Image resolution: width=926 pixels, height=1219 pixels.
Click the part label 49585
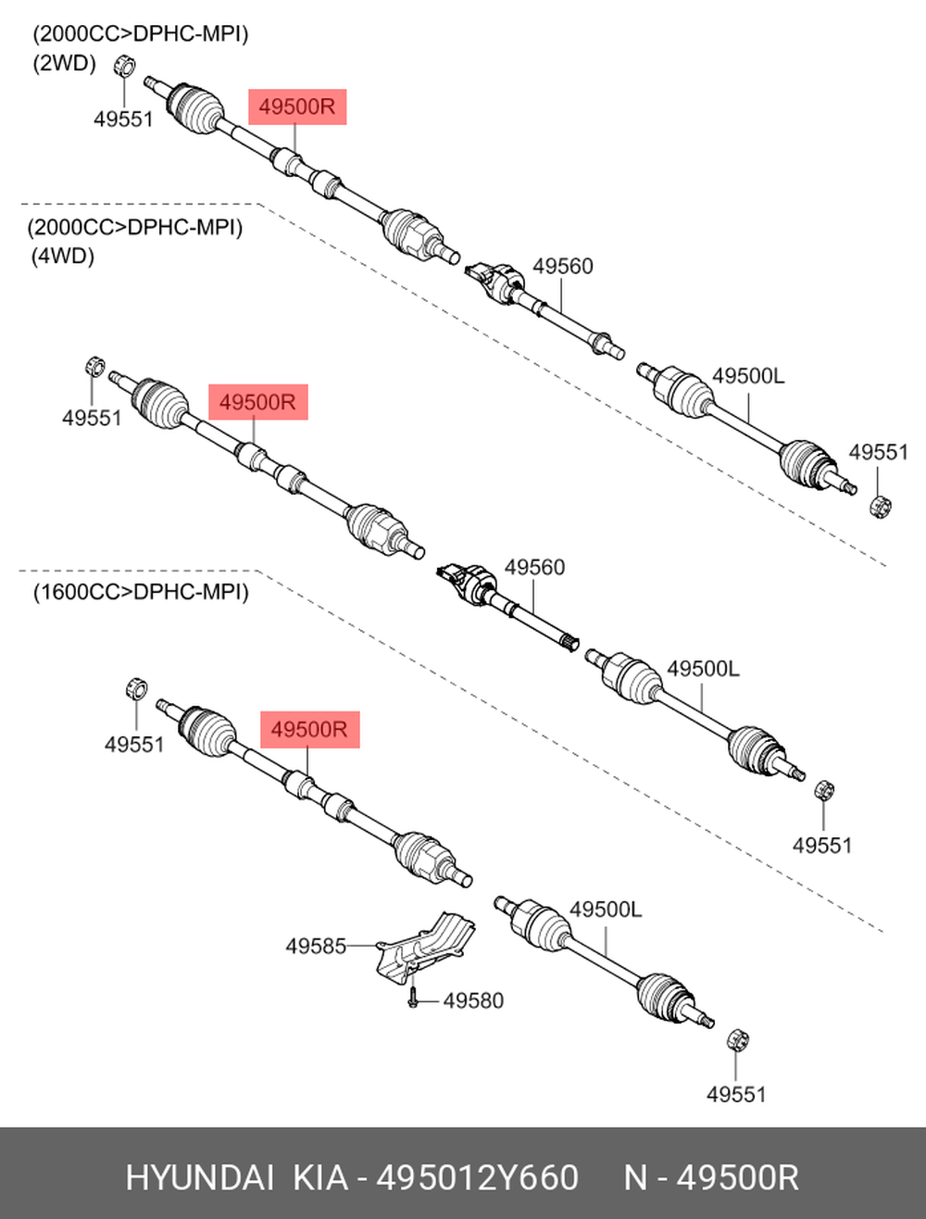tap(316, 947)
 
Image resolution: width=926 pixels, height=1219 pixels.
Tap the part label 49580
tap(473, 1000)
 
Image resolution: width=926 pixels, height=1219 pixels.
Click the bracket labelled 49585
tap(425, 949)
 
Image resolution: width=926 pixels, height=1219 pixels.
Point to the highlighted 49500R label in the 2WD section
tap(297, 107)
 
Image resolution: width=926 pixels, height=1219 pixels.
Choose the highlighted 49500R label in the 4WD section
tap(258, 402)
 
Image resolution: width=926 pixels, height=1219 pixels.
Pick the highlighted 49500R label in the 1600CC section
tap(310, 729)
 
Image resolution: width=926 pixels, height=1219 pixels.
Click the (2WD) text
tap(65, 64)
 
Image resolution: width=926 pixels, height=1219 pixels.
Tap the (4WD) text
tap(63, 257)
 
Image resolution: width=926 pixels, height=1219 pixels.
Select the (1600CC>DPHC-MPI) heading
tap(141, 593)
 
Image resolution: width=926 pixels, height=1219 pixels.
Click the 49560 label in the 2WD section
tap(563, 267)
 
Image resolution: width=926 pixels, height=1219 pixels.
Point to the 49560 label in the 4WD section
tap(534, 568)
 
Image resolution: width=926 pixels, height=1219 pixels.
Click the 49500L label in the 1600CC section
tap(607, 910)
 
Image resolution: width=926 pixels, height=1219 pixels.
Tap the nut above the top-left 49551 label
tap(124, 66)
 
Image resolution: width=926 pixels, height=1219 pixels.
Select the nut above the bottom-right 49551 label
tap(738, 1039)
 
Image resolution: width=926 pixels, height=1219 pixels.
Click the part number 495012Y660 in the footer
tap(478, 1177)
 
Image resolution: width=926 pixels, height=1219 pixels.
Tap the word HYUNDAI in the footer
tap(200, 1177)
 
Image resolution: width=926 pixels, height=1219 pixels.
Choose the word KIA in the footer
tap(320, 1177)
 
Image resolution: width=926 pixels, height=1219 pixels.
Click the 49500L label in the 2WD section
tap(748, 376)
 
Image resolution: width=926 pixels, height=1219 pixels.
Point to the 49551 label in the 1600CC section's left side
tap(134, 745)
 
